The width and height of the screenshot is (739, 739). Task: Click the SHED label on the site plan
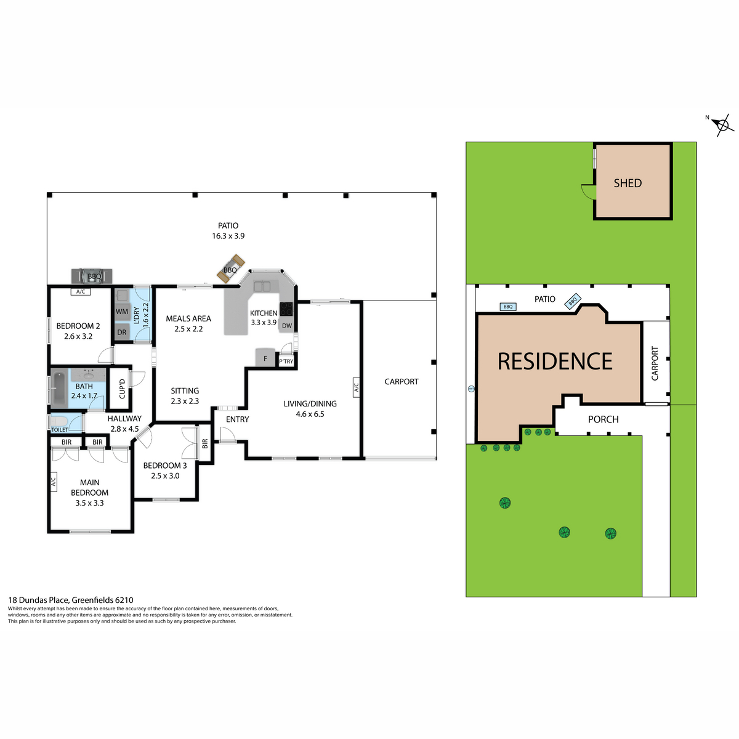click(x=628, y=184)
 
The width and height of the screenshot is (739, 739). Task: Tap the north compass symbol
click(x=722, y=125)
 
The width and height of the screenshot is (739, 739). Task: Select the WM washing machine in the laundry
click(x=122, y=312)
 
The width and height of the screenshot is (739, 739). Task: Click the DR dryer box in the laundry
click(x=122, y=332)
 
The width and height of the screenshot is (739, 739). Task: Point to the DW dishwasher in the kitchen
click(x=286, y=326)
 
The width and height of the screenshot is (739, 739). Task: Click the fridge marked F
click(x=265, y=358)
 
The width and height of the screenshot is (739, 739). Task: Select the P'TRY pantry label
click(x=286, y=361)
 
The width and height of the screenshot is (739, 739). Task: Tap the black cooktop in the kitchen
click(x=286, y=309)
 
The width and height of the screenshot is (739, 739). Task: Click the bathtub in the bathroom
click(x=59, y=388)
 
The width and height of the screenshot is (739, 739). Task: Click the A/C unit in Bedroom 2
click(x=81, y=291)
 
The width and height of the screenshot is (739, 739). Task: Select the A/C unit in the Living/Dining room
click(x=356, y=387)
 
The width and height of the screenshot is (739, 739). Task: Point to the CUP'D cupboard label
click(x=123, y=389)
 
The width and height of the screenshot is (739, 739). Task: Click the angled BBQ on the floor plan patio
click(x=230, y=269)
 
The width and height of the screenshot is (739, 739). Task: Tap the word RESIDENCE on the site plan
click(x=554, y=361)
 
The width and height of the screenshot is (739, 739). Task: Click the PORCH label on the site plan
click(x=603, y=419)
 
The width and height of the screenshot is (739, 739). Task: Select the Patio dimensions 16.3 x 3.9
click(x=228, y=236)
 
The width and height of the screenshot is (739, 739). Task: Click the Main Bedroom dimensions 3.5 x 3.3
click(x=89, y=503)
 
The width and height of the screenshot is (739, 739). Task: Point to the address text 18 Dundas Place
click(x=38, y=600)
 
